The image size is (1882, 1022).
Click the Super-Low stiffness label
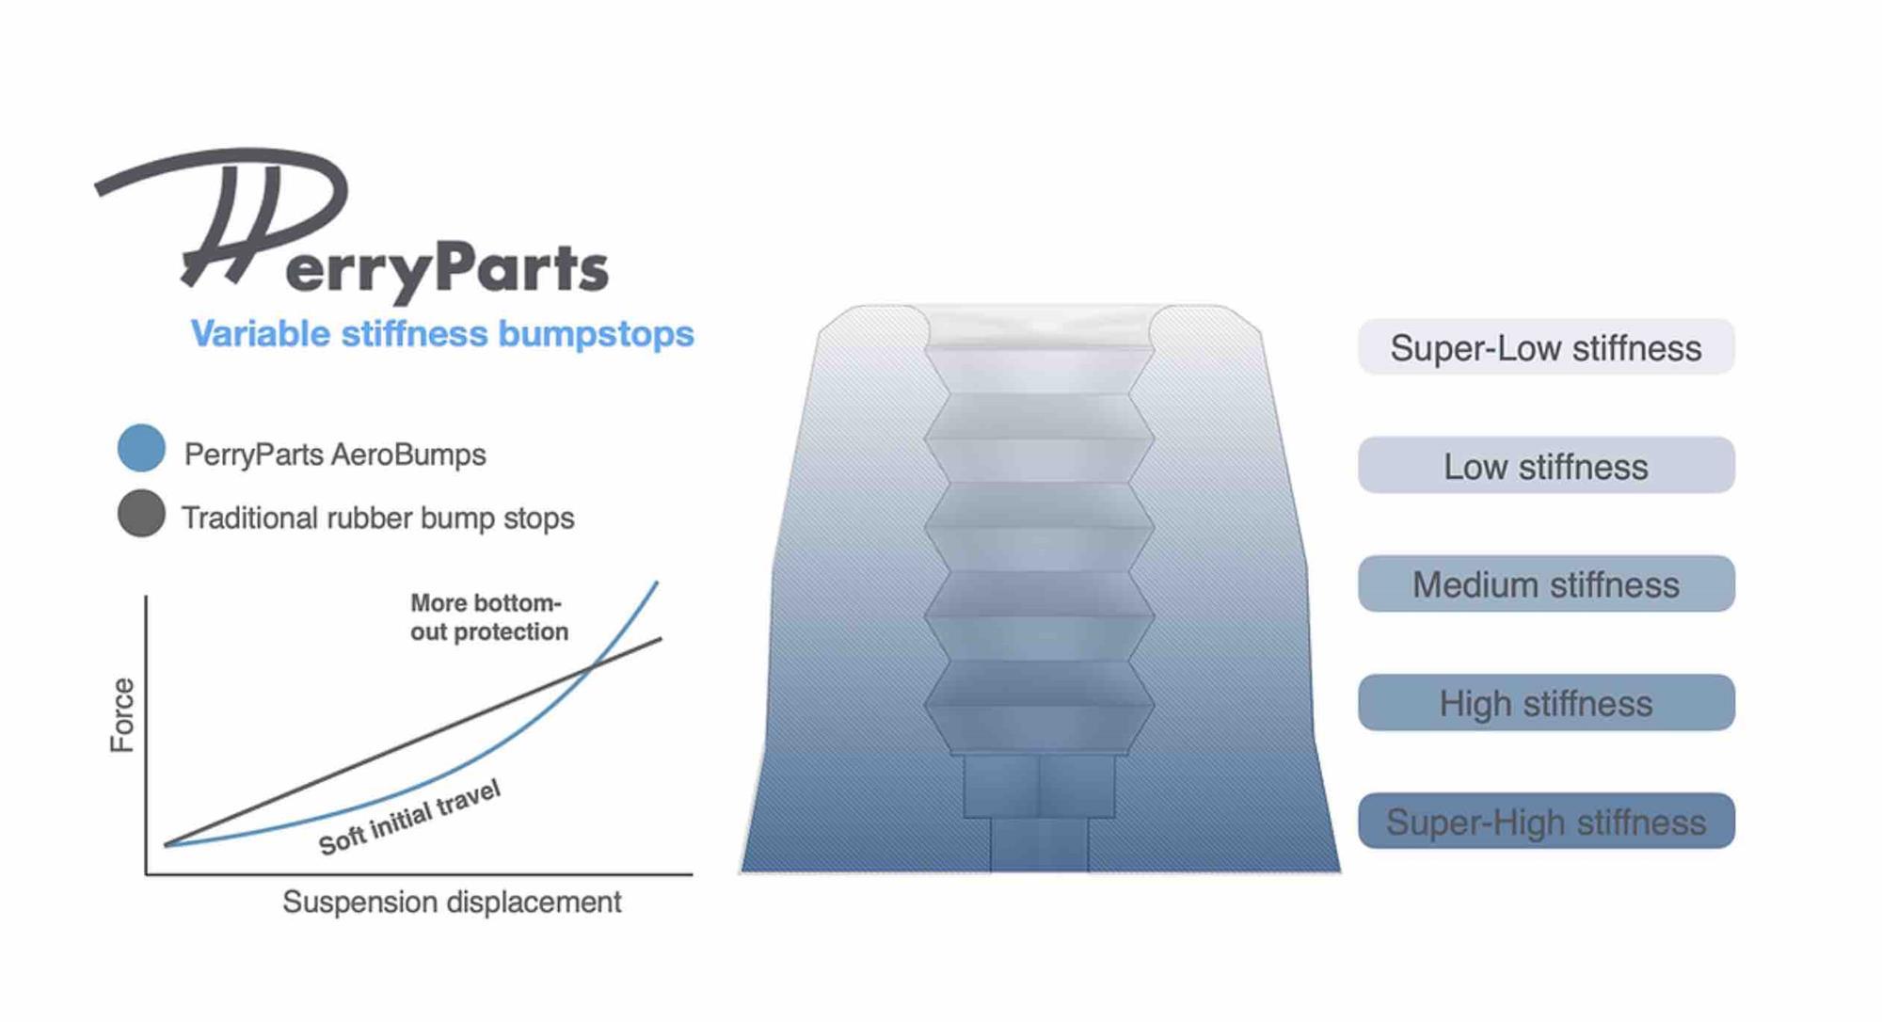click(x=1545, y=347)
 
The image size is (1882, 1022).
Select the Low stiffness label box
click(x=1545, y=466)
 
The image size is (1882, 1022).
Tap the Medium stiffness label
click(x=1545, y=584)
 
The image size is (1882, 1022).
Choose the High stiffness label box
click(x=1545, y=703)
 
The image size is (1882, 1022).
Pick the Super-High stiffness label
click(x=1545, y=822)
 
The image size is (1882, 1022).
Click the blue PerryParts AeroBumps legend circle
click(x=141, y=448)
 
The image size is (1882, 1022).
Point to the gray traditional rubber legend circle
click(x=141, y=514)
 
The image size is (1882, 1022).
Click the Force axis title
click(x=122, y=715)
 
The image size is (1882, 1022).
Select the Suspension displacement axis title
click(x=452, y=902)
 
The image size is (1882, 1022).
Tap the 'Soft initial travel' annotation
click(x=409, y=817)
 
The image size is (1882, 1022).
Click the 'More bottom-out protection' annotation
click(x=487, y=617)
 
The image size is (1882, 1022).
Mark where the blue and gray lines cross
click(x=591, y=667)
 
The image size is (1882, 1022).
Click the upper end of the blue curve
click(x=656, y=583)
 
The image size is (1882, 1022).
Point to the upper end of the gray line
click(x=660, y=640)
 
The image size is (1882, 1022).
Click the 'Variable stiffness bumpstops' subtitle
click(x=442, y=334)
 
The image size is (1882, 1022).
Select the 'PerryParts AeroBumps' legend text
click(x=335, y=455)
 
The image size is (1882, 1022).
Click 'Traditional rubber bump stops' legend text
click(x=377, y=518)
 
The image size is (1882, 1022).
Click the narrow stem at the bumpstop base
click(x=1039, y=844)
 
